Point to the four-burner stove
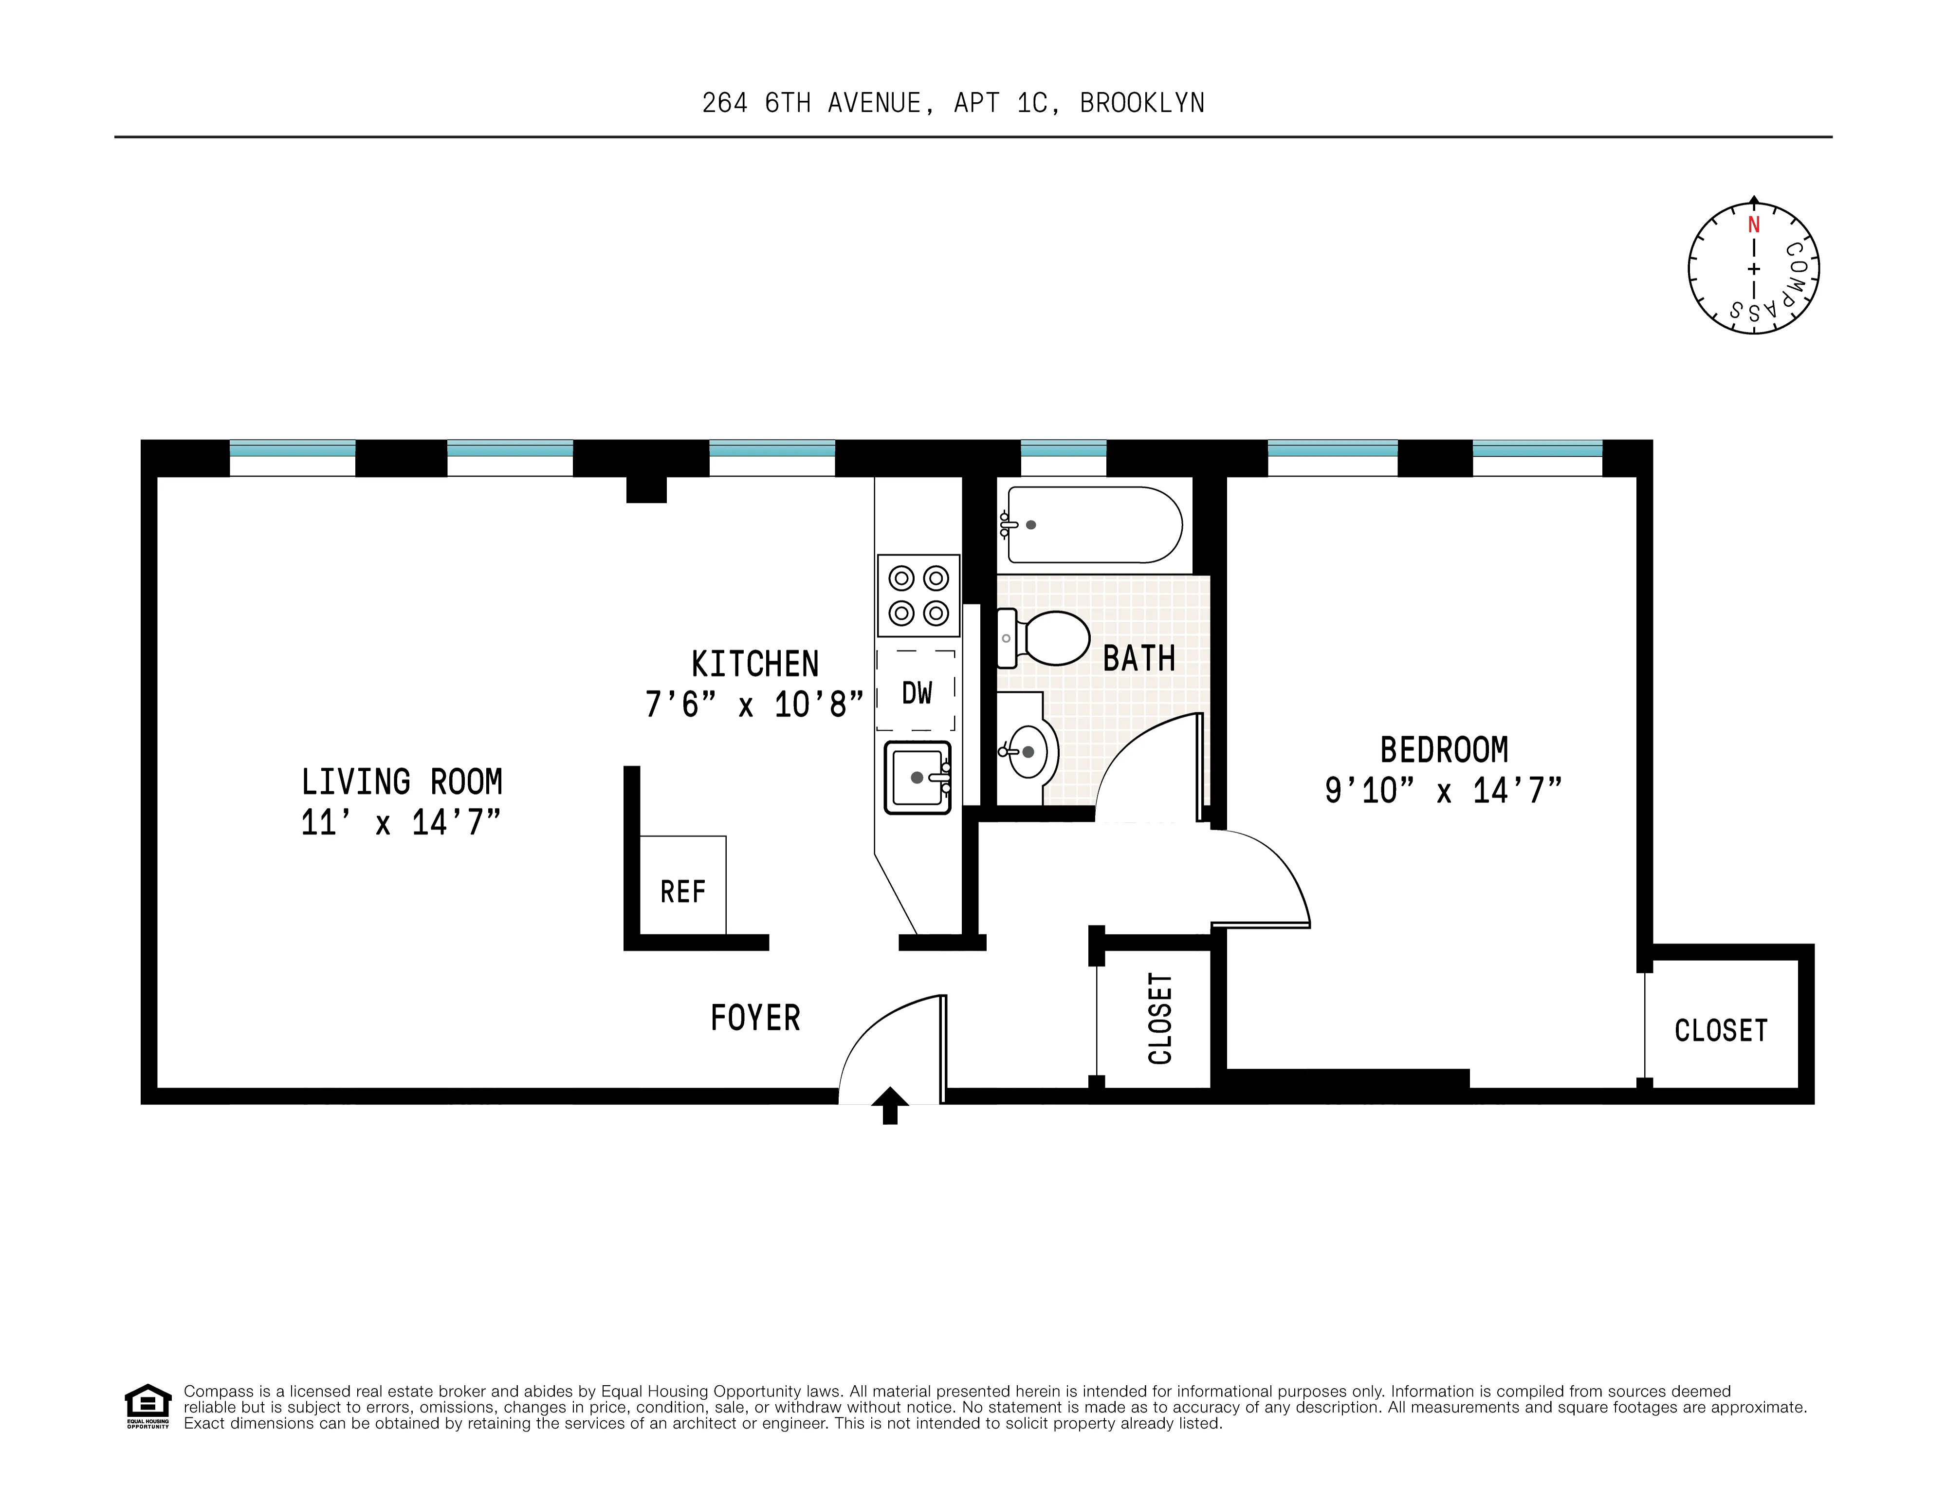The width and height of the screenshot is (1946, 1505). point(918,595)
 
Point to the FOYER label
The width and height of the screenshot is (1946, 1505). point(755,1018)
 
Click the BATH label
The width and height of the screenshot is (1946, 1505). point(1138,658)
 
